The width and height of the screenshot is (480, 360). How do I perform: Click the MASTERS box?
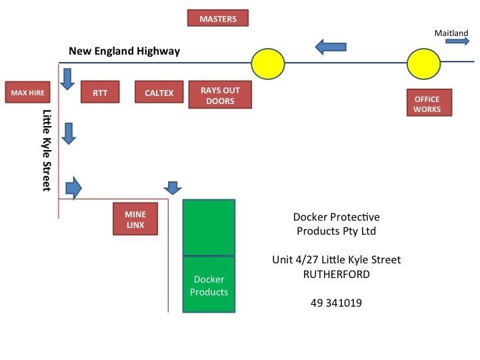tap(217, 18)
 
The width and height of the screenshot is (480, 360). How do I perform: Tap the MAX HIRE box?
tap(27, 93)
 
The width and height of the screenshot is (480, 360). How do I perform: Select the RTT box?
tap(100, 93)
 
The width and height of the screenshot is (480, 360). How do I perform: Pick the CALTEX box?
tap(159, 93)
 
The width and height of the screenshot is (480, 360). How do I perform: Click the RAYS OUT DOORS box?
tap(220, 95)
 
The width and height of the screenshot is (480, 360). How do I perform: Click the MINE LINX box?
tap(135, 219)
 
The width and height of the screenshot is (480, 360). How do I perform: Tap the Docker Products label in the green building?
tap(209, 285)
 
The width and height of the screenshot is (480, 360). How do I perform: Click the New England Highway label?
tap(124, 51)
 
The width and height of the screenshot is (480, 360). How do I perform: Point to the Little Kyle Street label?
tap(47, 150)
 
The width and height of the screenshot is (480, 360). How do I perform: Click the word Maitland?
tap(451, 33)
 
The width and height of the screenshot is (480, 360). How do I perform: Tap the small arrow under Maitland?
tap(457, 41)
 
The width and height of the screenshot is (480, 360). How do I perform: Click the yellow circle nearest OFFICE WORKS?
tap(423, 63)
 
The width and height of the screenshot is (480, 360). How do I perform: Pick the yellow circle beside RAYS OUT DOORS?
tap(268, 63)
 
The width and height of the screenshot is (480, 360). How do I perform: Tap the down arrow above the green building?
tap(173, 187)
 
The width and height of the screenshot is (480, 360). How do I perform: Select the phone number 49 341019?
tap(336, 303)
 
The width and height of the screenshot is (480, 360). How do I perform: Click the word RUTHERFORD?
tap(336, 273)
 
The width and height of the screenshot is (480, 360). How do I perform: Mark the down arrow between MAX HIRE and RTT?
tap(67, 79)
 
